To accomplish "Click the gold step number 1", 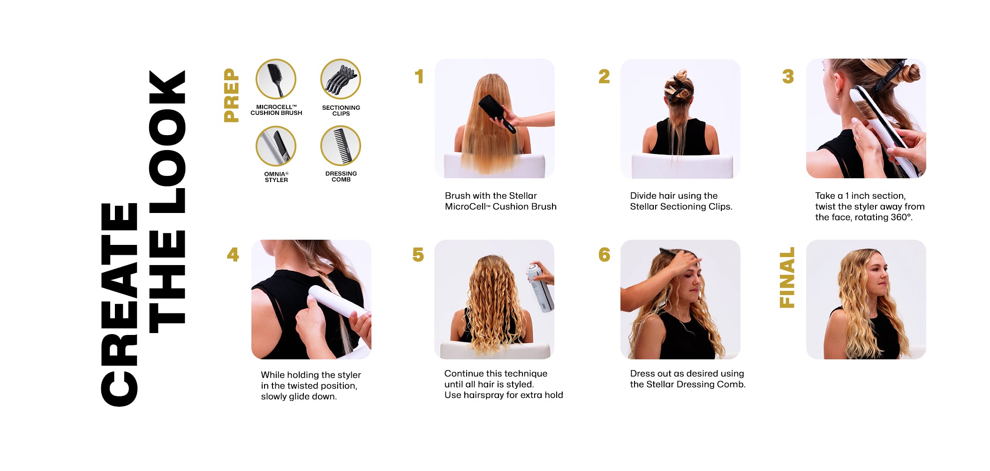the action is tap(419, 76).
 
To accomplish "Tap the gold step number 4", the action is tap(233, 255).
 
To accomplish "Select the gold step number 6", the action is tap(605, 255).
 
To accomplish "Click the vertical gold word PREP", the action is tap(232, 95).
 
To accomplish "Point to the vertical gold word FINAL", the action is tap(787, 278).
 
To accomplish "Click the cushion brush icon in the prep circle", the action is tap(276, 79).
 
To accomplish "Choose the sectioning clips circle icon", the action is tap(340, 79).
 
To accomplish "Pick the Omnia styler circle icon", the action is tap(276, 146).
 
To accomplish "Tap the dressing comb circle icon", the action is tap(340, 146).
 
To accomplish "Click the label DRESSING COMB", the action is tap(341, 176).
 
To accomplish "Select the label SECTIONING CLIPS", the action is tap(341, 111).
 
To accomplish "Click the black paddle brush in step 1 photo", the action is tap(497, 113).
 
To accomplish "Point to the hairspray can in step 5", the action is tap(540, 287).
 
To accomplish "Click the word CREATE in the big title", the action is tap(119, 304).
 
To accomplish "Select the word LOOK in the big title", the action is tap(167, 141).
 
